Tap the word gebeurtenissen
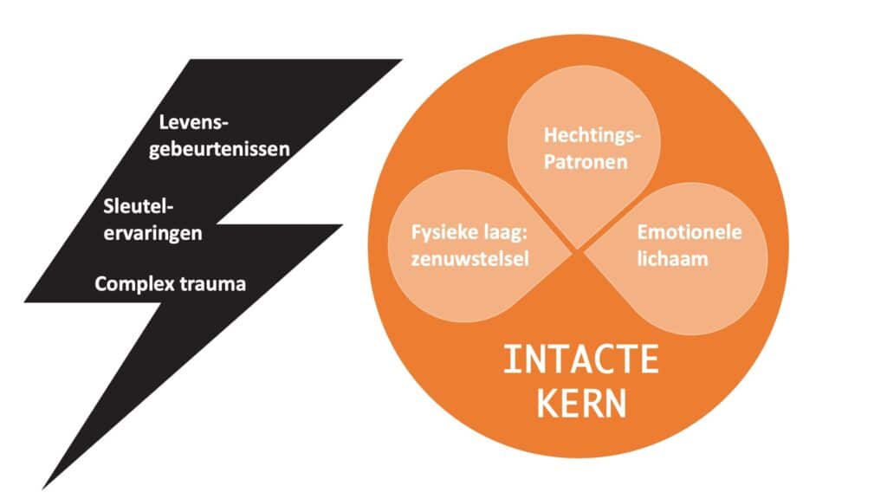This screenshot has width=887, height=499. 220,148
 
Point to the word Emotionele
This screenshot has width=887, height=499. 690,231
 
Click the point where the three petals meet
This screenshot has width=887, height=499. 579,251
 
